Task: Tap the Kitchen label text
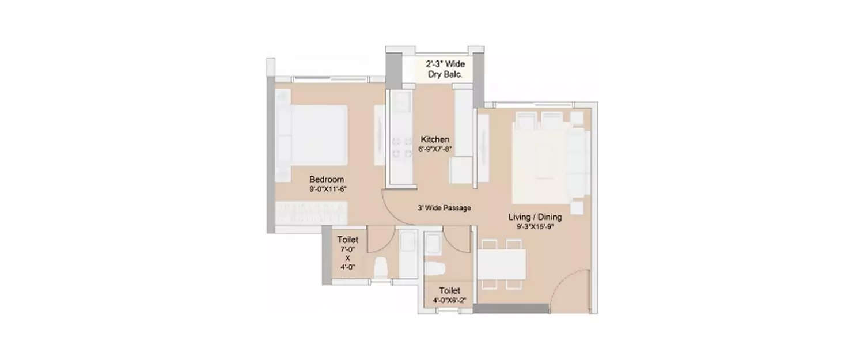coord(435,139)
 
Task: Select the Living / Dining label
coord(535,217)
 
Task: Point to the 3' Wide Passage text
coord(444,208)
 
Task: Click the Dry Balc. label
coord(445,74)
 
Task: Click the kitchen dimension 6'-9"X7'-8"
coord(435,149)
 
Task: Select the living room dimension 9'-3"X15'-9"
coord(535,226)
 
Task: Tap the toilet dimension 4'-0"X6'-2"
coord(449,300)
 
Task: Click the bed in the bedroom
coord(312,141)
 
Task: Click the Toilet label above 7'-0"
coord(347,239)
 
